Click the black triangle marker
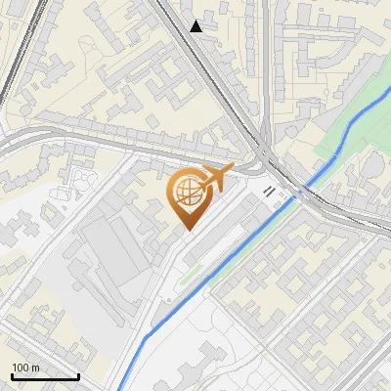tap(196, 26)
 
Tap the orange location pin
tap(189, 195)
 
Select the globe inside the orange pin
tap(188, 194)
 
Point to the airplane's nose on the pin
tap(232, 169)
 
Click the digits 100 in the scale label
tap(22, 368)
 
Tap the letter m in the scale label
tap(36, 368)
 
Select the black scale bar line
tap(44, 376)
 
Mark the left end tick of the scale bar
tap(12, 374)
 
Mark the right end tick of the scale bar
tap(77, 374)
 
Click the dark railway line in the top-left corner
tap(20, 59)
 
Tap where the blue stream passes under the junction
tap(298, 192)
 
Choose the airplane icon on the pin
tap(212, 179)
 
